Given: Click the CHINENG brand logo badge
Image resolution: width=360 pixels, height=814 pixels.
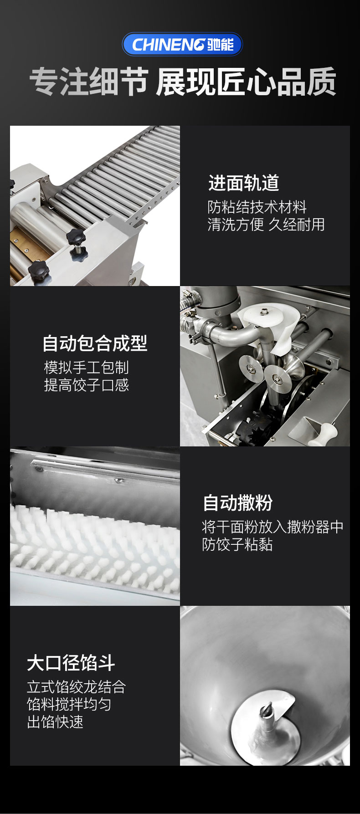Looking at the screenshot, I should (x=182, y=44).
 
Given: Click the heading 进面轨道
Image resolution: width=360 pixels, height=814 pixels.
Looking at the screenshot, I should (x=243, y=183).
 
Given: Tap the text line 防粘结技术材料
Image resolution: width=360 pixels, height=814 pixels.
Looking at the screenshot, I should (x=257, y=207).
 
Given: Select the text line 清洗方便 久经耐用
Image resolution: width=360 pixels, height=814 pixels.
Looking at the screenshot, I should (x=266, y=225).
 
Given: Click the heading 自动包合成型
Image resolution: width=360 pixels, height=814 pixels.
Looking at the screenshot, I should (x=95, y=343).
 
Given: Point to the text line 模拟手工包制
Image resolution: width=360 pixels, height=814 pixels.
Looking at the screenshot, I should (x=86, y=368).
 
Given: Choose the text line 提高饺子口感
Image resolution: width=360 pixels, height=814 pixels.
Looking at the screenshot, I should (x=86, y=385).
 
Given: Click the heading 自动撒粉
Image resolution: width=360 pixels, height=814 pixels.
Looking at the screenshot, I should (x=237, y=503).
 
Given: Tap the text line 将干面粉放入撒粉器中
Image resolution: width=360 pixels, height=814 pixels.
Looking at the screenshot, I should (x=273, y=527).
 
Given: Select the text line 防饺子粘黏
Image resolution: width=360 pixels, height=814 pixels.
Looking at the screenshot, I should (x=237, y=545).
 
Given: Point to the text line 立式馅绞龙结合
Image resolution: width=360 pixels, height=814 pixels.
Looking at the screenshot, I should (x=76, y=687).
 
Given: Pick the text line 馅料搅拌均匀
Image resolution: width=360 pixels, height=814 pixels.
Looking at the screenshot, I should (x=69, y=705).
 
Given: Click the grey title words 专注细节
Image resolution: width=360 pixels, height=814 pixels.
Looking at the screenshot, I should (x=89, y=82).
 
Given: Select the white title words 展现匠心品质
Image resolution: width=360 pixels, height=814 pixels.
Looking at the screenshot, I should (x=246, y=82).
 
